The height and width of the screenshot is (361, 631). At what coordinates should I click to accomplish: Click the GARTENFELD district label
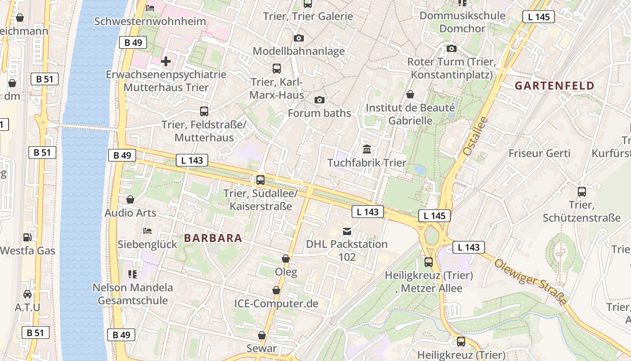tap(555, 86)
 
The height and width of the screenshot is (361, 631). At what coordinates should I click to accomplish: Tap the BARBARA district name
tap(213, 238)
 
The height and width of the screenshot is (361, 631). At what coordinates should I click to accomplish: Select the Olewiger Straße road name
tap(530, 281)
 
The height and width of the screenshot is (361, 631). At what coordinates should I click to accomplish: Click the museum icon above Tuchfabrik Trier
tap(367, 149)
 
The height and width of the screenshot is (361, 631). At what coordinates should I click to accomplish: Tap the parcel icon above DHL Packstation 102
tap(347, 231)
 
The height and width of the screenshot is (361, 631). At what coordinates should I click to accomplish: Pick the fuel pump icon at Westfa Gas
tap(27, 237)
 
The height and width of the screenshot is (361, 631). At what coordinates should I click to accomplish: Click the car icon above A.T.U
tap(27, 294)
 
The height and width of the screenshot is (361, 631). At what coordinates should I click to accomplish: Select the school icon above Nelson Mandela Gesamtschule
tap(132, 274)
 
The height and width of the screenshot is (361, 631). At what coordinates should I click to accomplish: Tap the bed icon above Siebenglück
tap(147, 231)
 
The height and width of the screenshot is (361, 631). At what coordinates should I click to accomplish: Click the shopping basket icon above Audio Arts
tap(130, 199)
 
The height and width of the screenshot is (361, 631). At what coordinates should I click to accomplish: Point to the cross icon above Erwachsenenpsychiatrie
tap(166, 61)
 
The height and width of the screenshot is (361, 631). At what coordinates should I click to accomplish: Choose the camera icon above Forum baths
tap(320, 100)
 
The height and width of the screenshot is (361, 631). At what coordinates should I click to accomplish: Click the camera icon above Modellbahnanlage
tap(298, 38)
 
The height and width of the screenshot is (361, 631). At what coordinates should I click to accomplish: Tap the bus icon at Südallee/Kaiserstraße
tap(261, 180)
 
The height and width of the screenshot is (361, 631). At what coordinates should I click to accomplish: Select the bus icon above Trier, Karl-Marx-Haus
tap(277, 69)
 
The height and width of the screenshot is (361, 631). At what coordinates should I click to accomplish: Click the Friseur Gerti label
tap(539, 153)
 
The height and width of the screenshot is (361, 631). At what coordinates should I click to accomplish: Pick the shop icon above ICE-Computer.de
tap(276, 290)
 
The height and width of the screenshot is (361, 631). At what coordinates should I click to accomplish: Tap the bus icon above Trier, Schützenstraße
tap(582, 192)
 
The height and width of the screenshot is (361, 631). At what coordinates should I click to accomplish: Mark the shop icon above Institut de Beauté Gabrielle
tap(410, 94)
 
